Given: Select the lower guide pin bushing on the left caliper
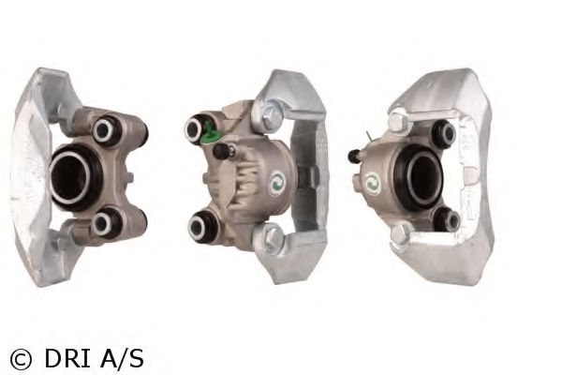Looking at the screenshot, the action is tap(104, 222).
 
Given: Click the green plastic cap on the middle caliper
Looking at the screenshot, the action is tap(209, 134).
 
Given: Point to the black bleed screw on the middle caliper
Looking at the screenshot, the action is tap(222, 151).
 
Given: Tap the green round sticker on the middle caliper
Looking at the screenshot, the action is tap(277, 183).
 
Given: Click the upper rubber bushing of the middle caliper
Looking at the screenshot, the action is tap(197, 128).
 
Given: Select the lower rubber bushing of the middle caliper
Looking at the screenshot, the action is tap(201, 225).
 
